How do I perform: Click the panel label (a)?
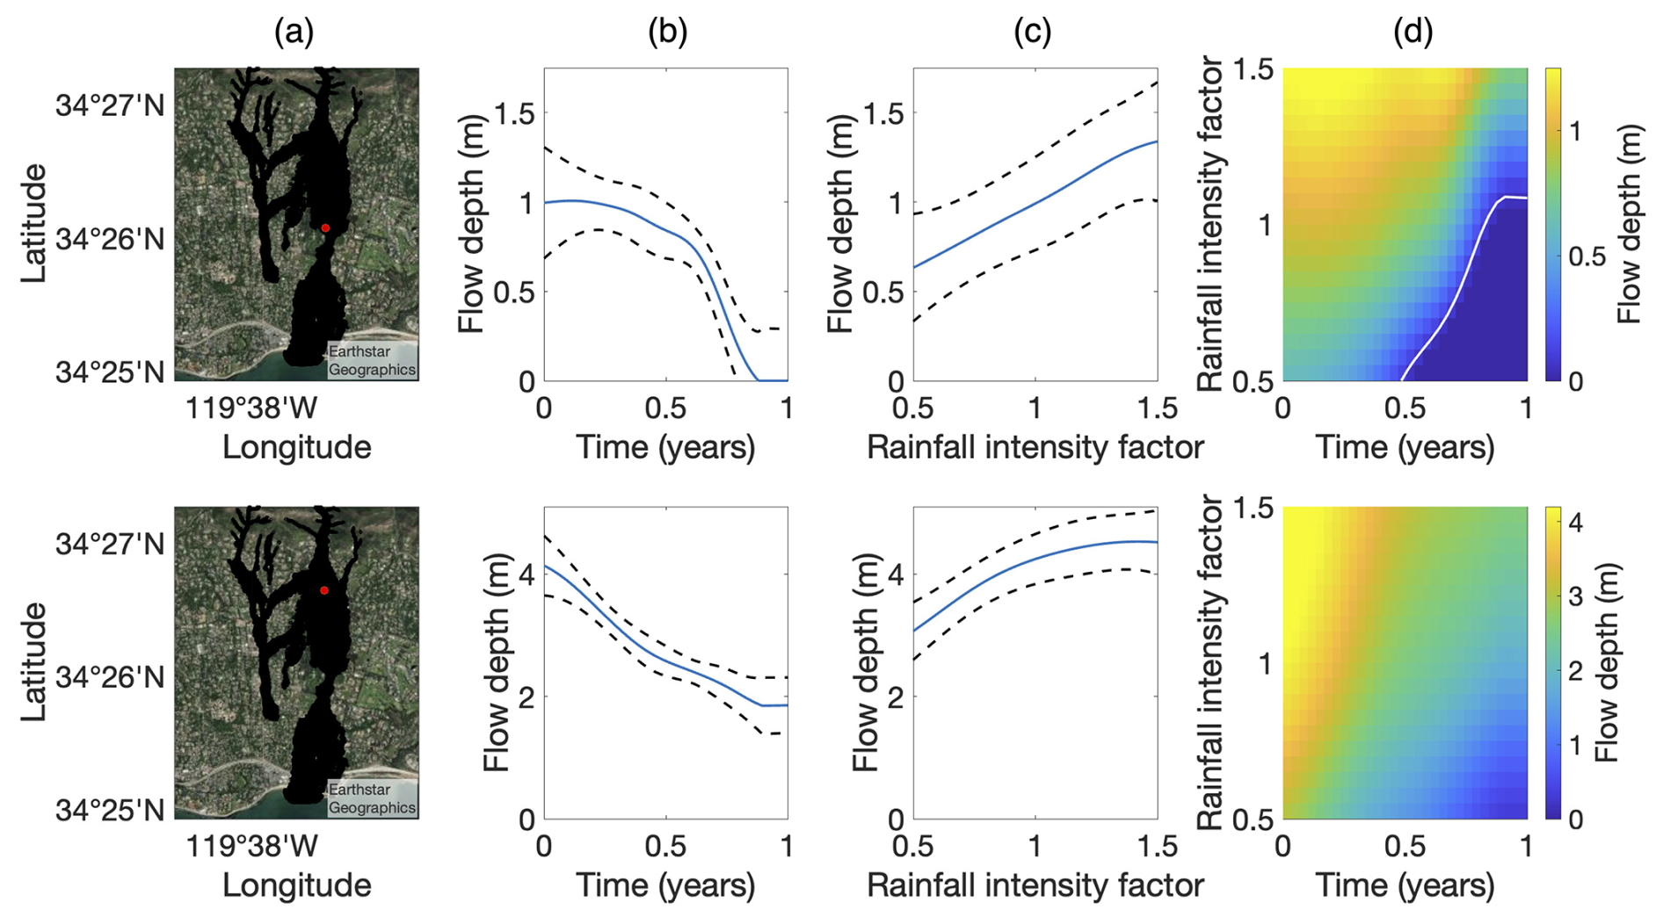[x=294, y=32]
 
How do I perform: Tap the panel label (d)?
[x=1412, y=32]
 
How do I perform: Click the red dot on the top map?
[x=325, y=228]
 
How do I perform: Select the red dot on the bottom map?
[x=324, y=590]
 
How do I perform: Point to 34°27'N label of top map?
[x=110, y=106]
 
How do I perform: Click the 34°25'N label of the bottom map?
[x=110, y=810]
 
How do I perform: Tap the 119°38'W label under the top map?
[x=252, y=408]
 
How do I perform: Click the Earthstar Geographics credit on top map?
[x=372, y=361]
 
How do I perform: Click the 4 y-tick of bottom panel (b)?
[x=526, y=575]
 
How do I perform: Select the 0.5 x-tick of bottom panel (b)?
[x=665, y=847]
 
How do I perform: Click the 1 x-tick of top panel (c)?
[x=1035, y=408]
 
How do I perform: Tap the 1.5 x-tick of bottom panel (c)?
[x=1158, y=847]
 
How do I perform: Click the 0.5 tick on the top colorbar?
[x=1587, y=257]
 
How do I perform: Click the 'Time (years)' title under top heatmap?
[x=1405, y=448]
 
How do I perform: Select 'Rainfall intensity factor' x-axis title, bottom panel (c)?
[x=1035, y=885]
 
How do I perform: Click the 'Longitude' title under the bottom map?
[x=296, y=885]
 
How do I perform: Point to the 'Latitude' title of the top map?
[x=33, y=223]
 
